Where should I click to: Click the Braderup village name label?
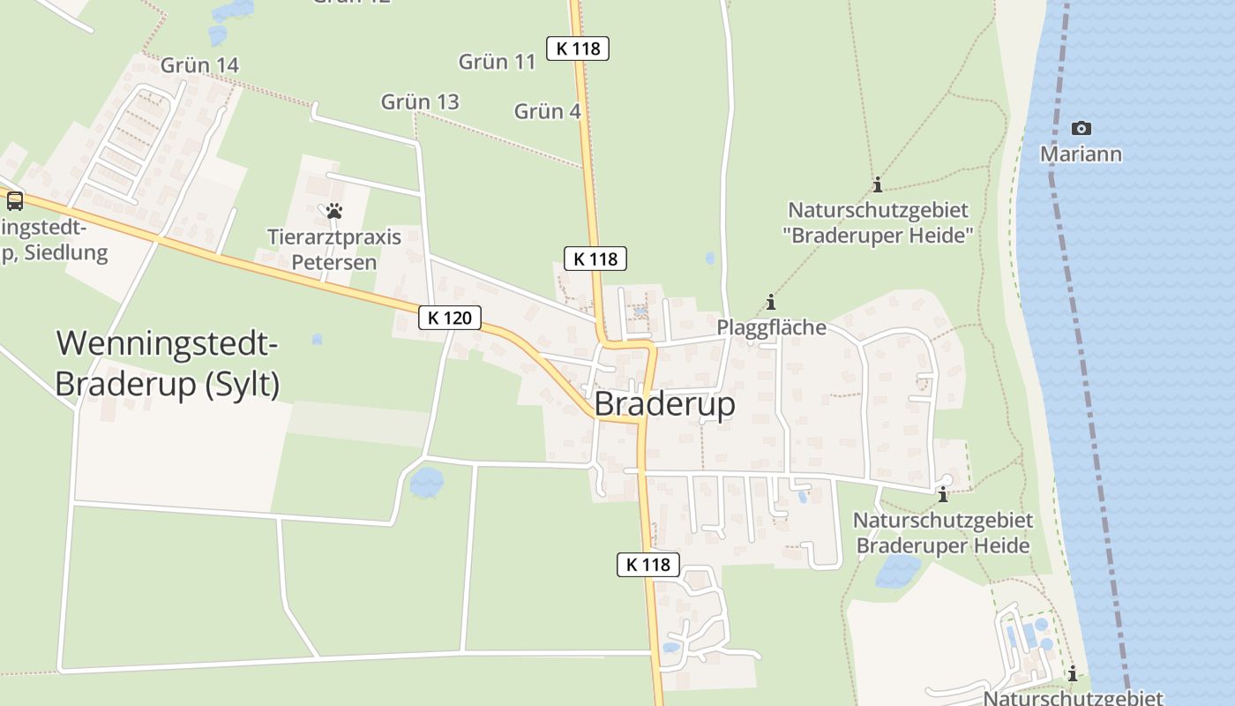click(x=664, y=404)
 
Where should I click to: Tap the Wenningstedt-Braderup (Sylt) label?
click(x=168, y=364)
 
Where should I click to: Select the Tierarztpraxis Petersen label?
click(x=334, y=250)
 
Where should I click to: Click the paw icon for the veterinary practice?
click(x=334, y=211)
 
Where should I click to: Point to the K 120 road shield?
click(x=450, y=318)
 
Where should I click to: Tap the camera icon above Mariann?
click(x=1081, y=129)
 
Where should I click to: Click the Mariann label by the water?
click(x=1081, y=155)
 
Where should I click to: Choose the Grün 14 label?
click(x=199, y=65)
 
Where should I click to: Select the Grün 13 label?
click(x=420, y=102)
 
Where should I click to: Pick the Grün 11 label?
click(x=498, y=62)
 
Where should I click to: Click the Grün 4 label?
click(x=547, y=112)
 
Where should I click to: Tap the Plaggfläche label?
click(x=771, y=327)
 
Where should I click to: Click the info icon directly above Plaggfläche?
click(x=771, y=303)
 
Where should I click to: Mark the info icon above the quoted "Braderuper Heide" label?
click(x=877, y=185)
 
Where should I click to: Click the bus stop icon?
click(x=15, y=200)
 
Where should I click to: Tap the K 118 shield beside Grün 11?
click(x=578, y=49)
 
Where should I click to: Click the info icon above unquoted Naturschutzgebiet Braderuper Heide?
click(x=943, y=494)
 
